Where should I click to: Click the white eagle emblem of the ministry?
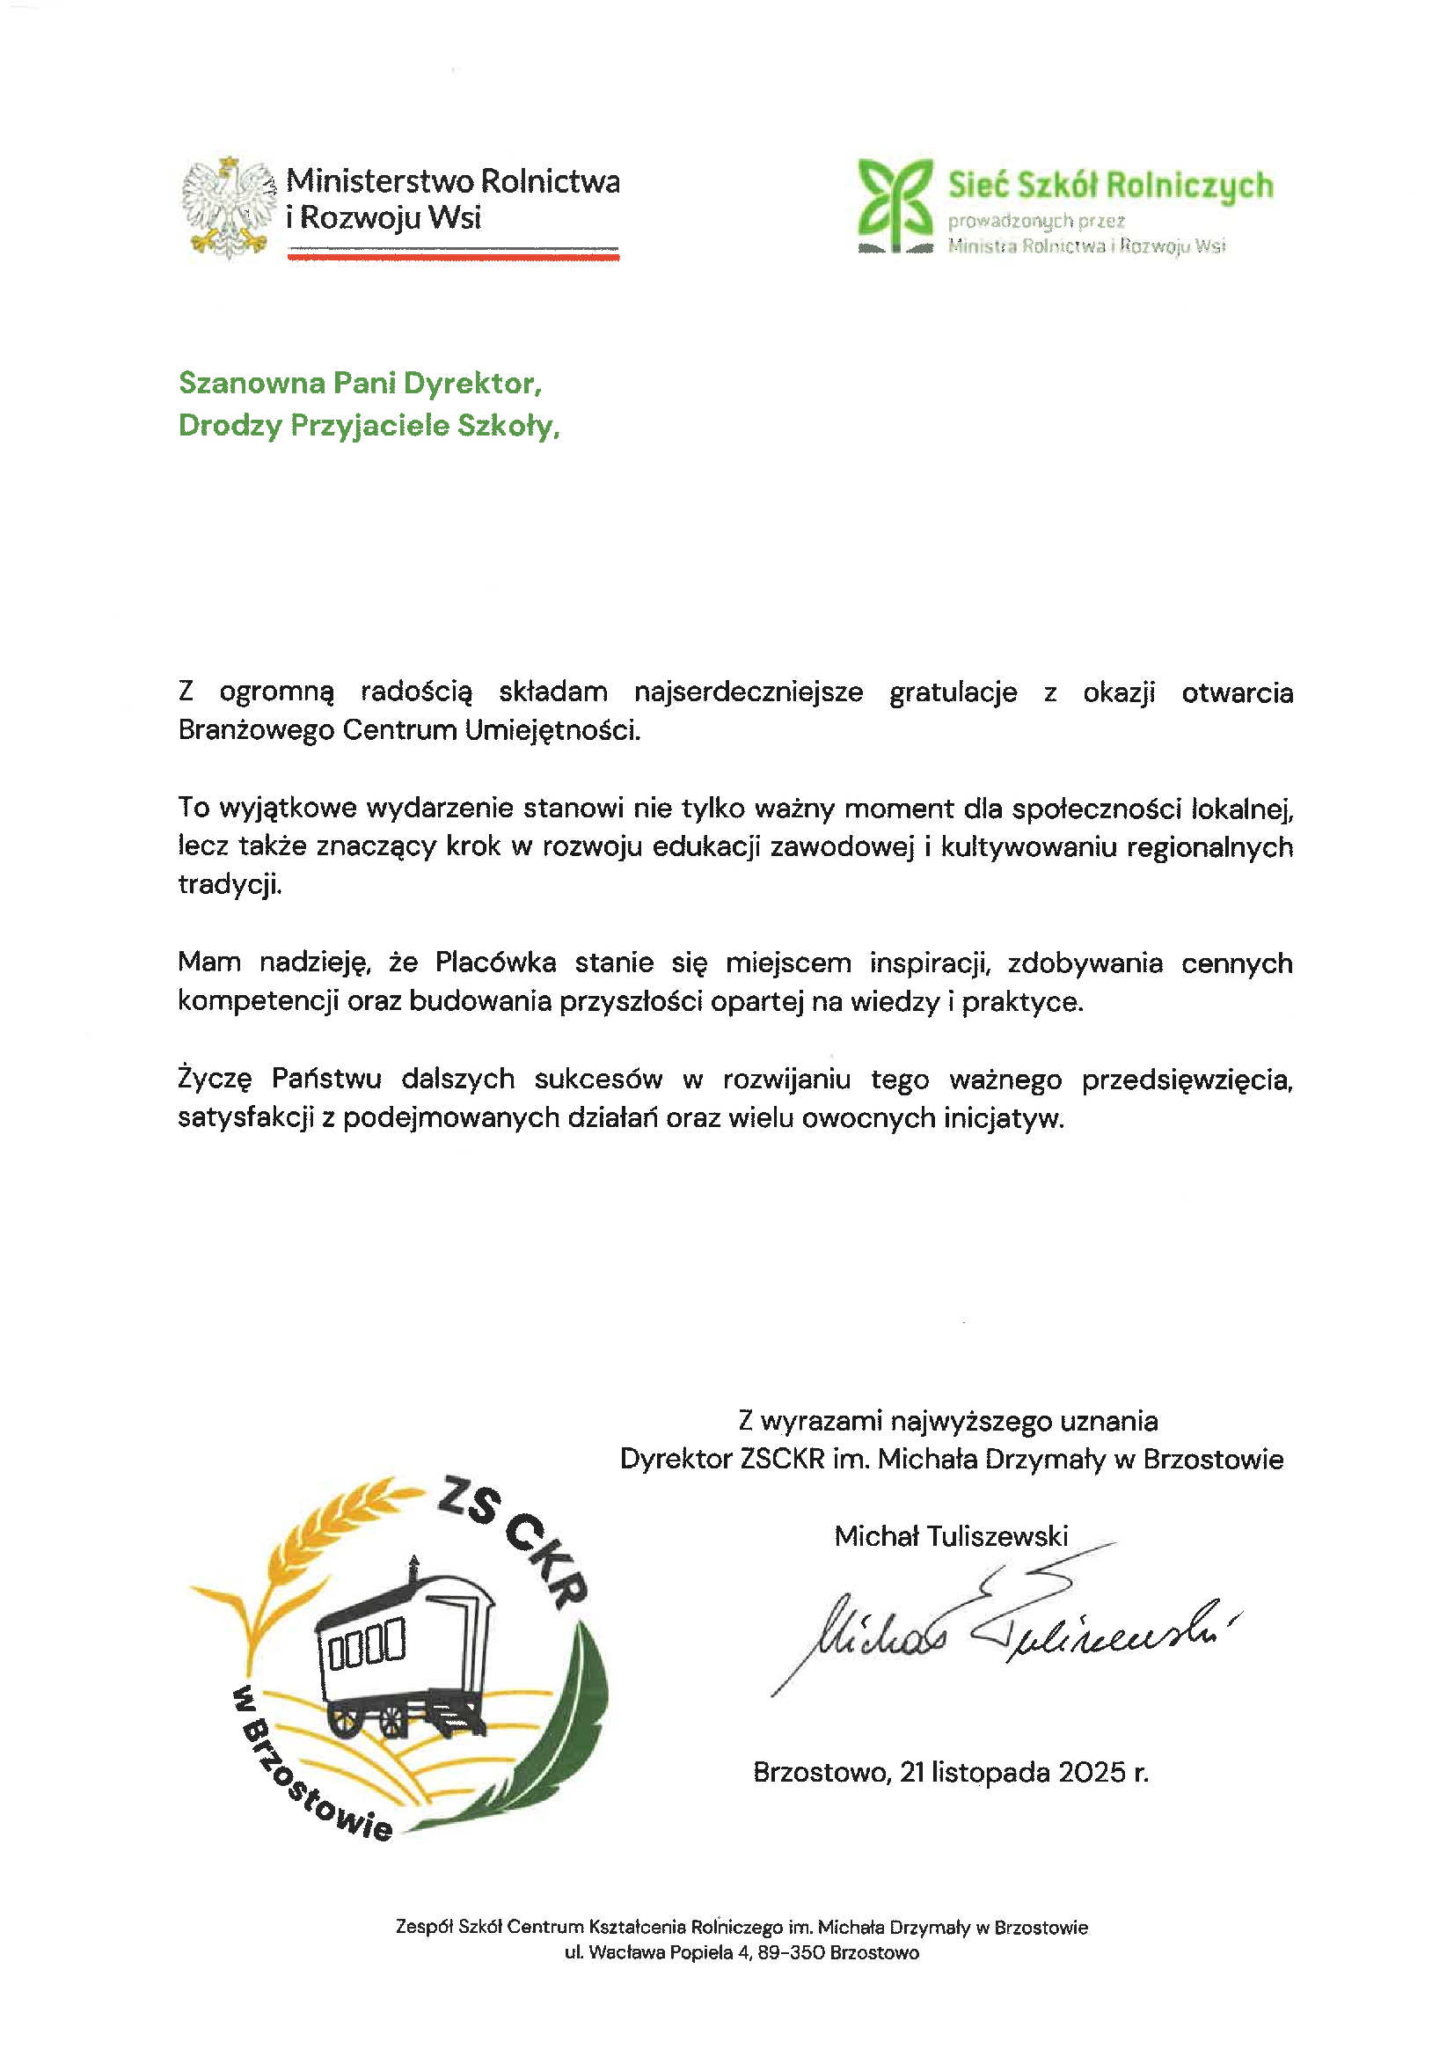click(x=229, y=207)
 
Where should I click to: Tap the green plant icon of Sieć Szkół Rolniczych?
click(x=895, y=205)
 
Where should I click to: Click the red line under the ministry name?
click(x=453, y=257)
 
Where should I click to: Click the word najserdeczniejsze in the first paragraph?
click(x=748, y=692)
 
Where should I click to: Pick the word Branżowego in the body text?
click(x=255, y=731)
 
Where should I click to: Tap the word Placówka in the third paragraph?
click(x=495, y=963)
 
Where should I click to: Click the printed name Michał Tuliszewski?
click(x=951, y=1536)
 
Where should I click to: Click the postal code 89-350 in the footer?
click(x=791, y=1953)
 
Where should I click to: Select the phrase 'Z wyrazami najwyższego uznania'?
click(x=948, y=1421)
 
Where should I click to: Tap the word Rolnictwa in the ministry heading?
click(x=550, y=181)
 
